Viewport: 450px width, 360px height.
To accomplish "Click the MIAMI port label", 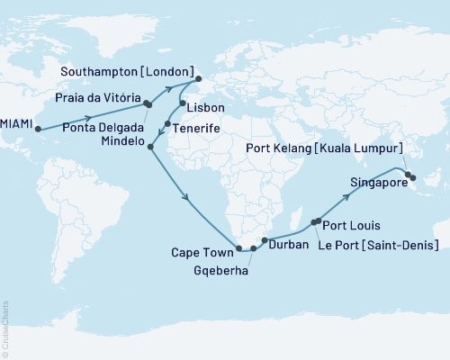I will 17,129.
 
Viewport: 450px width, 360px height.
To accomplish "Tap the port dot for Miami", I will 39,129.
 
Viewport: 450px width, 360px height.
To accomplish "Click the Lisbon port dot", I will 183,103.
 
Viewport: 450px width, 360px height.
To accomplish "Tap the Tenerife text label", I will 198,129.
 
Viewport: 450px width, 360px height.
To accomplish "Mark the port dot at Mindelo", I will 150,147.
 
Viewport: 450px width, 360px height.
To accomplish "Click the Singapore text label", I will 370,180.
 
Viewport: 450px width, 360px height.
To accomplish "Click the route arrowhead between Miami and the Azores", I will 90,118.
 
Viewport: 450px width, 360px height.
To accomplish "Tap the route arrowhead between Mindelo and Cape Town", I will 184,197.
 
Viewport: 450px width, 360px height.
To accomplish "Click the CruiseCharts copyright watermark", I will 5,328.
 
